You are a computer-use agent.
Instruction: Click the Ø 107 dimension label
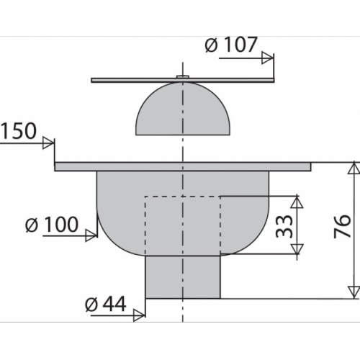231,45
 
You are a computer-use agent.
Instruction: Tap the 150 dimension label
19,131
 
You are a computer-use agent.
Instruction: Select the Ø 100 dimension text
52,225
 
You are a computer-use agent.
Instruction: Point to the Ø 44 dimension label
106,305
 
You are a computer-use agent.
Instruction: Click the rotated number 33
284,226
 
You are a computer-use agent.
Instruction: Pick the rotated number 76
343,226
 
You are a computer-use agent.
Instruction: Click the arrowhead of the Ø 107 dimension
267,58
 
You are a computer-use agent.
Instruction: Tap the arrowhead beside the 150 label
48,143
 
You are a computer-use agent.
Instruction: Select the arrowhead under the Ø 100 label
91,235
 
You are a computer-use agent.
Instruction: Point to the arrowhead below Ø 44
140,315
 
